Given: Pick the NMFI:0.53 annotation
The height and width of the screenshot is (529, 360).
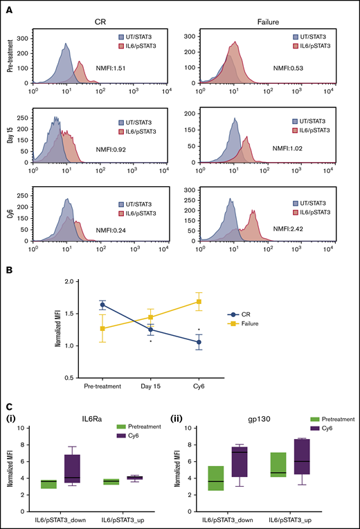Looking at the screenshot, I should click(282, 66).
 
